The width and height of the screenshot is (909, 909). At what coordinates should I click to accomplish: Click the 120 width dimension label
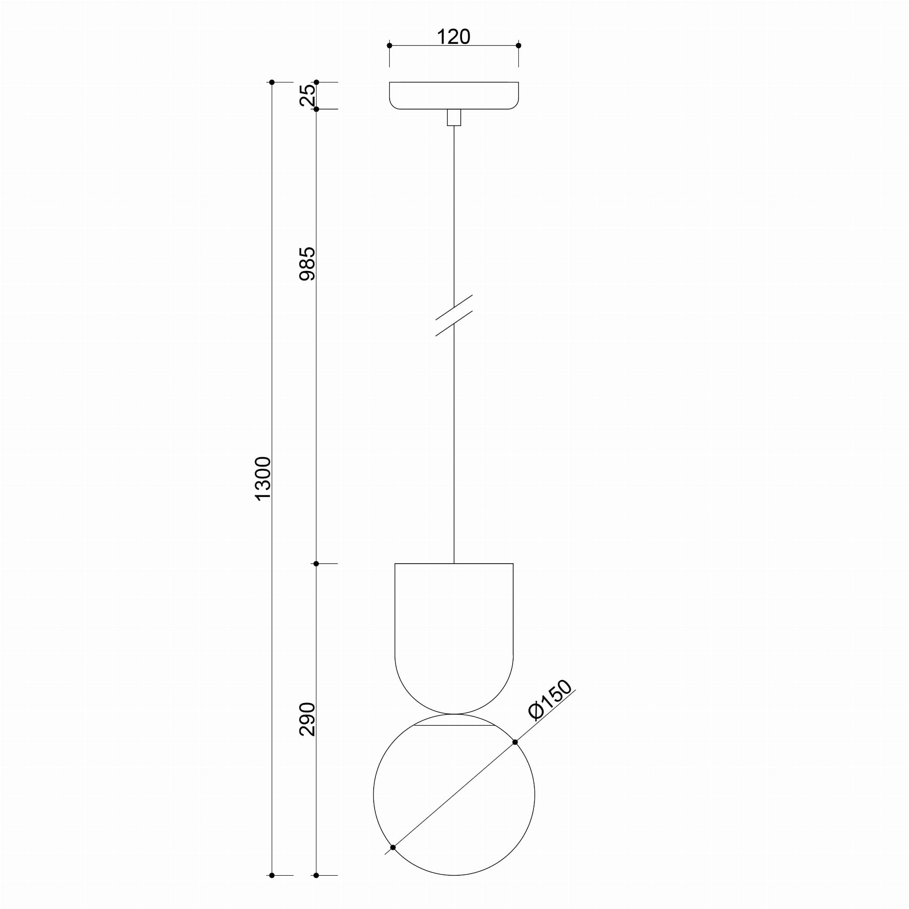point(454,37)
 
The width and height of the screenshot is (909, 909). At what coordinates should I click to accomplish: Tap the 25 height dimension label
point(308,95)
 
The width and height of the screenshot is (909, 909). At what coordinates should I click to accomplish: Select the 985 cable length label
point(308,264)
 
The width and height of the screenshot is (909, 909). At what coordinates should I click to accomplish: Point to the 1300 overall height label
point(264,478)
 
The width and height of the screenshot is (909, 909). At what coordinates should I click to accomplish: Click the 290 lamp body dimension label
point(308,719)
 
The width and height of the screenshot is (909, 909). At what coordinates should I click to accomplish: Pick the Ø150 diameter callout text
point(550,700)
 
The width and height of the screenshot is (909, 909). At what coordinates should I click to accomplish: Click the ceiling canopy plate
point(454,95)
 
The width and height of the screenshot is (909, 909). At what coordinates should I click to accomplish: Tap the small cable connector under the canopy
point(454,118)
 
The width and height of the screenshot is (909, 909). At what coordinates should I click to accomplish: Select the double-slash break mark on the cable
point(454,315)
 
